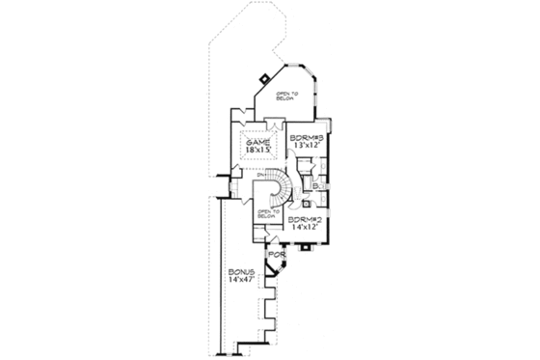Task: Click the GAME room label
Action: point(256,142)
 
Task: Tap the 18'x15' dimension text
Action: point(257,152)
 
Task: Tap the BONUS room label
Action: point(240,273)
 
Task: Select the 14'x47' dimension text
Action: point(240,282)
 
